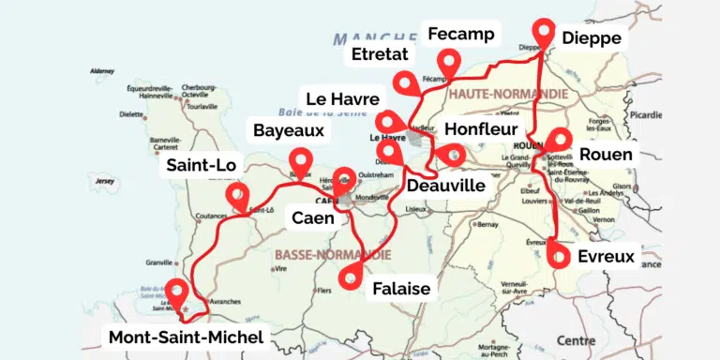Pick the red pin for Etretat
[405, 82]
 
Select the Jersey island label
[104, 180]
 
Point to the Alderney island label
[100, 71]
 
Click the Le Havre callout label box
[342, 98]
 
